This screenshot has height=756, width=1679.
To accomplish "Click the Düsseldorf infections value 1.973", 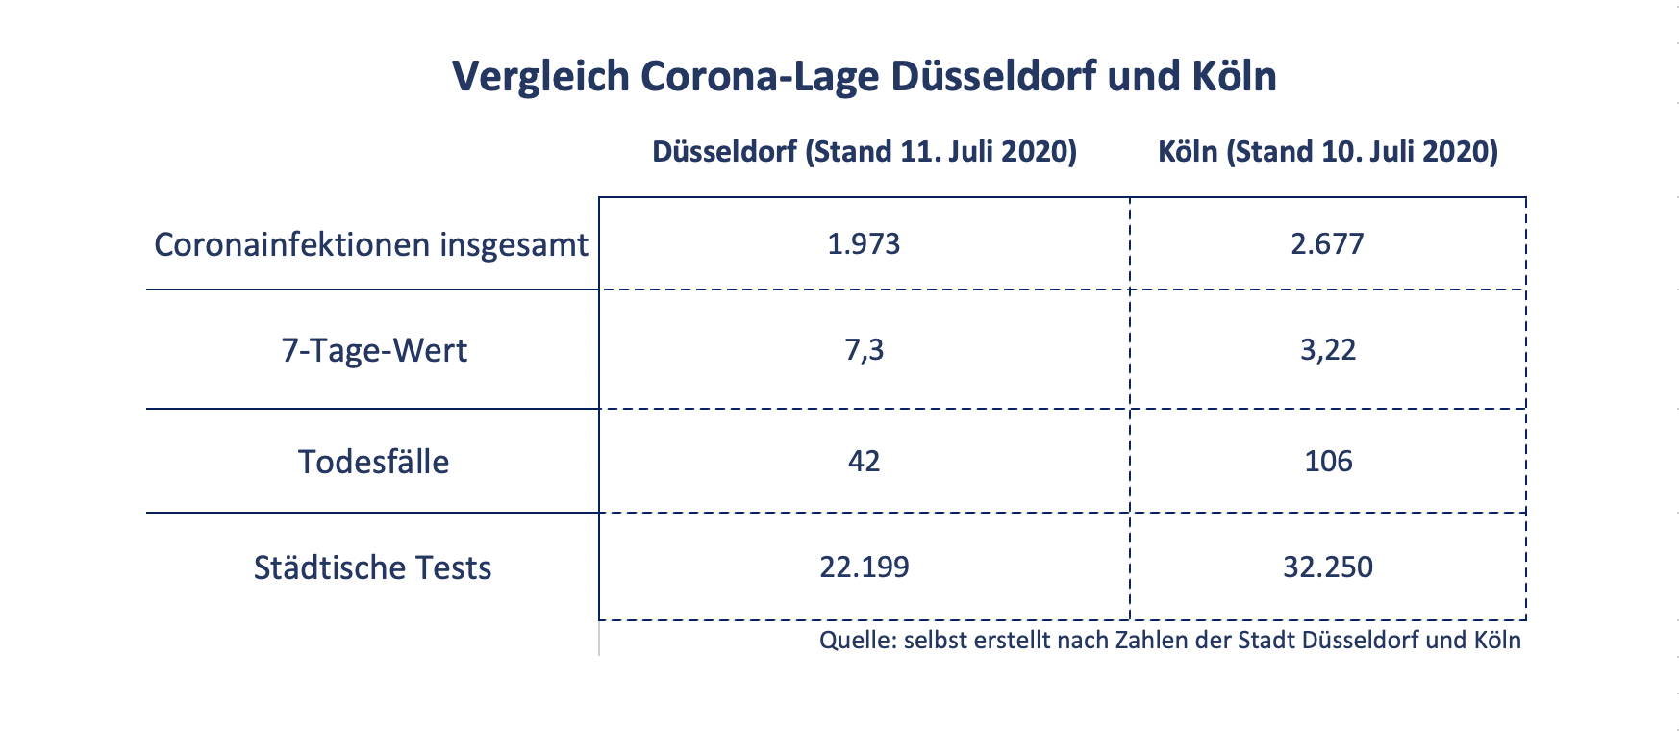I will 864,243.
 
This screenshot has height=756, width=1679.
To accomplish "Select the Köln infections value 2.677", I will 1327,243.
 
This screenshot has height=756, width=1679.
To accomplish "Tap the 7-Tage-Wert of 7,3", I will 864,349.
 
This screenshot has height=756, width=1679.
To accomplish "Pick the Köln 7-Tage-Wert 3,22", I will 1327,349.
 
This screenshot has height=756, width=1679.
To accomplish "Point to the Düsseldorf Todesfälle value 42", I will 864,461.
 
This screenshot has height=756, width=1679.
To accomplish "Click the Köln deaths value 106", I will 1328,461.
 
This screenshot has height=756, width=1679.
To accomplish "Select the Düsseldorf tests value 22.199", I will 864,567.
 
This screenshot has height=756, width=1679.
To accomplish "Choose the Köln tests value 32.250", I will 1327,567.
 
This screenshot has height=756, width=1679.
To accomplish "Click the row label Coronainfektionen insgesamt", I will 370,245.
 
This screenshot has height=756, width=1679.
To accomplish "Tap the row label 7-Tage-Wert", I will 373,350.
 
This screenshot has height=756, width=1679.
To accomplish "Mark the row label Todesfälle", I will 373,462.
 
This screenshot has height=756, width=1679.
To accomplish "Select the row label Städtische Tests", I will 372,567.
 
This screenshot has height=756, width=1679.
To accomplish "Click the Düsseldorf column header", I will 864,152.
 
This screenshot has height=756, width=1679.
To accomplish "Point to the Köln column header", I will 1327,152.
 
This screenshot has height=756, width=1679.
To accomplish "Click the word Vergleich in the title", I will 539,77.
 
